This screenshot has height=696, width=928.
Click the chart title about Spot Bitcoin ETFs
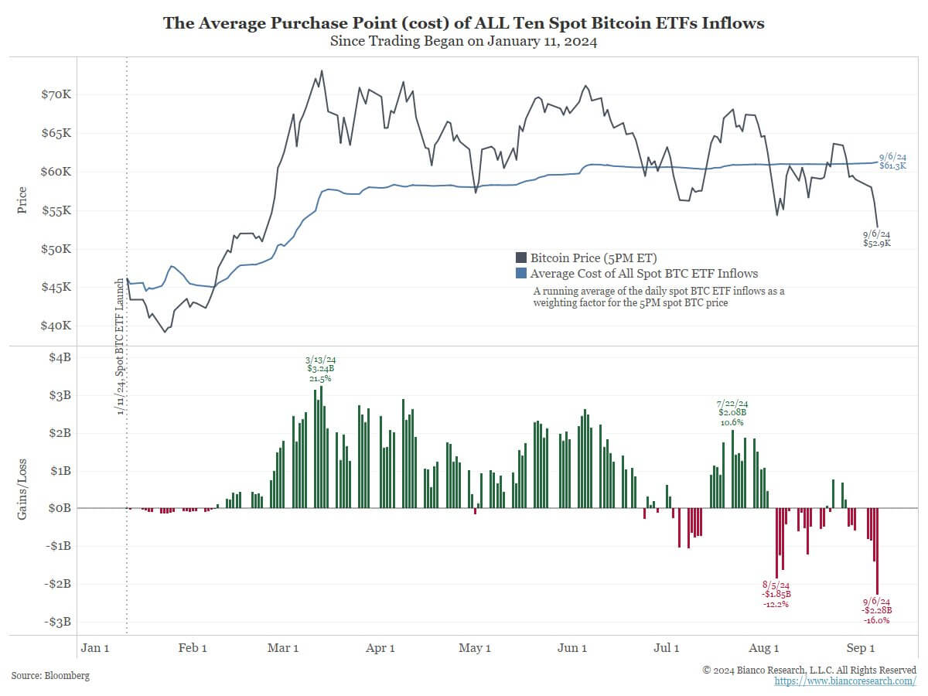(x=463, y=23)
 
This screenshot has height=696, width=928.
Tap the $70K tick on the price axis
(x=56, y=95)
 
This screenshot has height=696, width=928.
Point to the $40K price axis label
(x=56, y=326)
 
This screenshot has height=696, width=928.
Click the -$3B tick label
(x=58, y=622)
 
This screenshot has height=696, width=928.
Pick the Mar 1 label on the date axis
(x=283, y=648)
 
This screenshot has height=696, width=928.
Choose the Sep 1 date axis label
(x=860, y=648)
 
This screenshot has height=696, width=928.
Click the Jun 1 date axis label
(x=571, y=648)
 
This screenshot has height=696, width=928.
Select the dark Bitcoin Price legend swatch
(x=521, y=258)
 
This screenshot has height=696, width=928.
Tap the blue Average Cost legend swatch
(x=521, y=274)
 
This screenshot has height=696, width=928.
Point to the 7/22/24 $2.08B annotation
(x=733, y=412)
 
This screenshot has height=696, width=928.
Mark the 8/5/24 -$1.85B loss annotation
(x=776, y=594)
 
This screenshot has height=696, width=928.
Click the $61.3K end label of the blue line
(x=892, y=162)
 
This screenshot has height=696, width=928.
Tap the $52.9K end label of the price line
(x=877, y=238)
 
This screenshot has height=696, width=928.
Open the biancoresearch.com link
(x=845, y=681)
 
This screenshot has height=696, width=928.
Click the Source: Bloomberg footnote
(x=50, y=676)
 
